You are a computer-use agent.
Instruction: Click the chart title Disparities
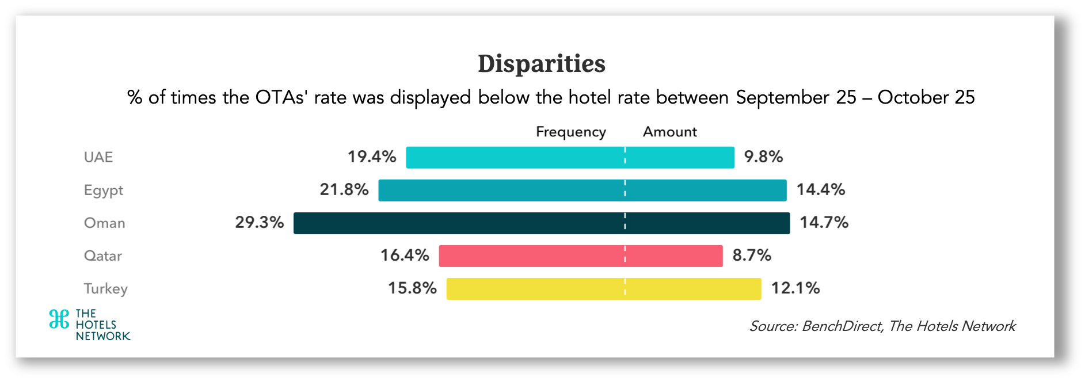542,64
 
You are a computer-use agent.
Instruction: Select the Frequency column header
570,132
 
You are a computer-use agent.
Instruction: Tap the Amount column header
669,132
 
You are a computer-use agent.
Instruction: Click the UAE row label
98,157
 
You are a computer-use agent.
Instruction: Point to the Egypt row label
104,190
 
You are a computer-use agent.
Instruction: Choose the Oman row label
104,223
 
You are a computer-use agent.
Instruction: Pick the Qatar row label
103,256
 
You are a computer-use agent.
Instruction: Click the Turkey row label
106,288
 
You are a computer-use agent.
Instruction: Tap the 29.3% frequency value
259,222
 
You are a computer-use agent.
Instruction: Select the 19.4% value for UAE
371,157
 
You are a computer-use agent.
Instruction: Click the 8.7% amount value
751,255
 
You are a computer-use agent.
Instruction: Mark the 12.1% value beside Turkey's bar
795,288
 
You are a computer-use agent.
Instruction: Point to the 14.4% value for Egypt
820,189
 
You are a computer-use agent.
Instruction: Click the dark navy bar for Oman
541,223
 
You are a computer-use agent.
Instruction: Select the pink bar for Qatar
580,256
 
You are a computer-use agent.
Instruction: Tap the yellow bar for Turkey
603,289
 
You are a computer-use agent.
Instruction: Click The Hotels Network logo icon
59,319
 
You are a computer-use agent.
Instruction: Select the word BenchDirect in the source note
842,326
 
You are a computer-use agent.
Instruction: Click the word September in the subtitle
782,98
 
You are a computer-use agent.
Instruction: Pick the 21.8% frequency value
344,189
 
